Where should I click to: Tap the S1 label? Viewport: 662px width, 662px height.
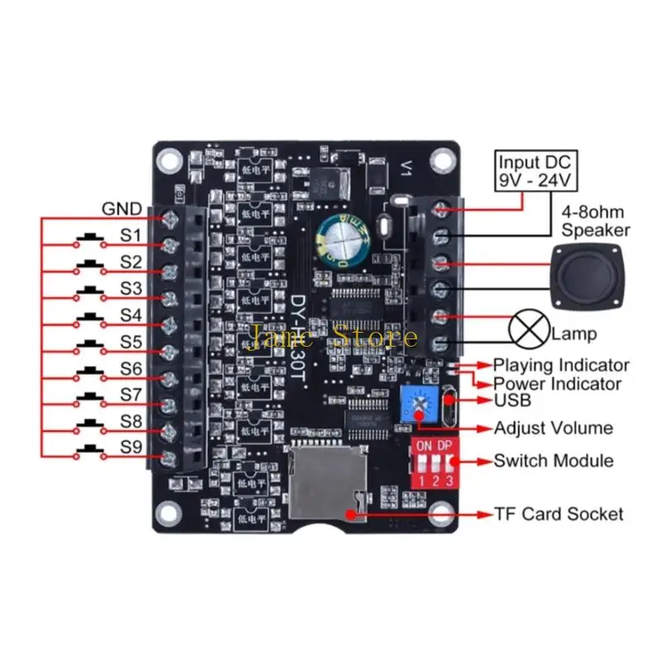pyautogui.click(x=131, y=236)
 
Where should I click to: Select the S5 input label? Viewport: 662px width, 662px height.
pyautogui.click(x=131, y=342)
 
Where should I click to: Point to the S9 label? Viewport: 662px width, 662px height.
pyautogui.click(x=131, y=449)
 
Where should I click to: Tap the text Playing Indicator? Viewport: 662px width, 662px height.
pyautogui.click(x=561, y=365)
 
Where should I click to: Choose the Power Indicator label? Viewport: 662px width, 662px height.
pyautogui.click(x=557, y=384)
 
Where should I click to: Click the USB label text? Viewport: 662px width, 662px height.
pyautogui.click(x=512, y=401)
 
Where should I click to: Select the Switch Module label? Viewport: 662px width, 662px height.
pyautogui.click(x=554, y=461)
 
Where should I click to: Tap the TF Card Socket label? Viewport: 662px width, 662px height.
pyautogui.click(x=559, y=514)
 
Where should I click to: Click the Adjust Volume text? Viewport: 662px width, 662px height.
pyautogui.click(x=553, y=428)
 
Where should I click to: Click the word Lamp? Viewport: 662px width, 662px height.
pyautogui.click(x=573, y=335)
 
